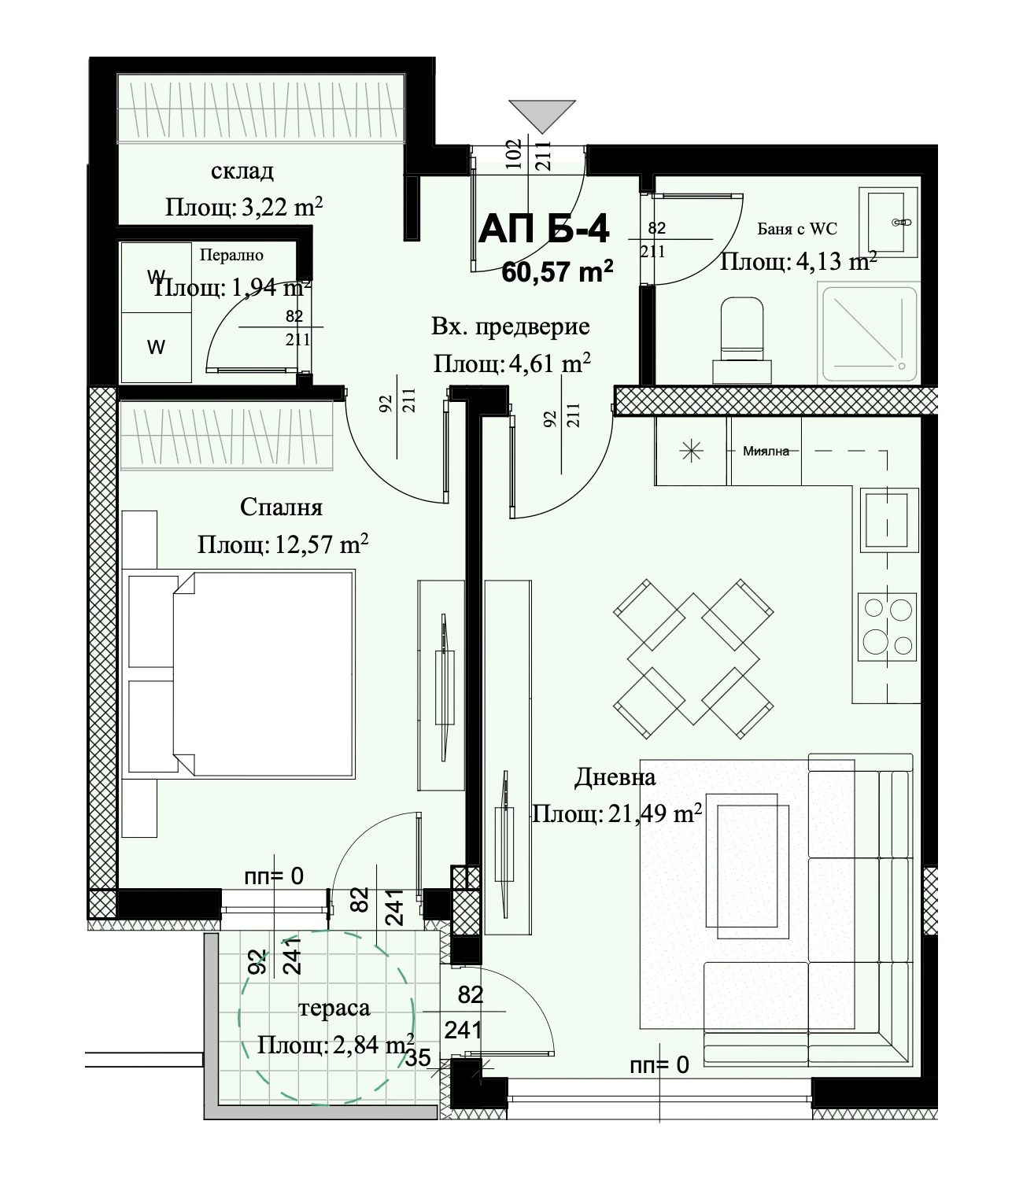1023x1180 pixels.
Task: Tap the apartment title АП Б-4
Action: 544,229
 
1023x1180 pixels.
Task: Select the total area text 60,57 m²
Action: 557,271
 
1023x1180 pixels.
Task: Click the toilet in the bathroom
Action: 742,340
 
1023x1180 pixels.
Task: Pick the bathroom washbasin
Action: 888,222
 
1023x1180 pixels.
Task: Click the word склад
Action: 242,171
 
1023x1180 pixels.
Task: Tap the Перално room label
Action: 231,255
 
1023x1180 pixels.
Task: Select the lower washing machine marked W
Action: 156,348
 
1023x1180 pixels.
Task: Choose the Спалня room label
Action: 281,507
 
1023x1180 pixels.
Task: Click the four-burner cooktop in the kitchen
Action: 887,627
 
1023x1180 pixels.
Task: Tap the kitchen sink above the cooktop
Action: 888,520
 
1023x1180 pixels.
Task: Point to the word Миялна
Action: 766,451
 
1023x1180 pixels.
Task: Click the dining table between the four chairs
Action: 693,659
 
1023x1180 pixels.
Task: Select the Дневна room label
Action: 615,777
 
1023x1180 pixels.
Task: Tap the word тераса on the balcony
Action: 334,1009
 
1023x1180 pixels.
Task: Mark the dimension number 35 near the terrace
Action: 418,1057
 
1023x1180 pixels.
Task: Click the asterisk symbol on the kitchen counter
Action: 691,452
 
